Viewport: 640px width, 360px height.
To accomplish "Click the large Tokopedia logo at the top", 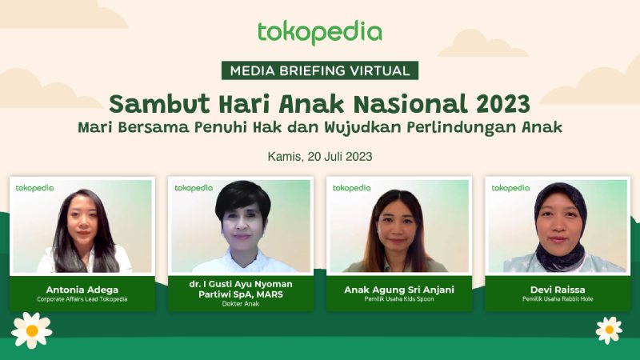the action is click(319, 32).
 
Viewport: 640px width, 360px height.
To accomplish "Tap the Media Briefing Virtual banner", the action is click(320, 70).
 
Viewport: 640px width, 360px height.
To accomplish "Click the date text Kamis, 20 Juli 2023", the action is click(320, 157).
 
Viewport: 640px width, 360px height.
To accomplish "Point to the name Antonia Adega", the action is click(82, 290).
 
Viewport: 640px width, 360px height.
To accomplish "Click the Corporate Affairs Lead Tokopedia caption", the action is click(82, 299).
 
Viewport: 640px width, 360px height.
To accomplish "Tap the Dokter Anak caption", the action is click(241, 304).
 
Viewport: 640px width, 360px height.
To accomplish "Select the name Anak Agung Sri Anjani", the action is click(399, 290).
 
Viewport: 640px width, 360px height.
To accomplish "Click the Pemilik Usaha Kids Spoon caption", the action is click(399, 299).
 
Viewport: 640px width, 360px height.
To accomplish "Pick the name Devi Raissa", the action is click(558, 290).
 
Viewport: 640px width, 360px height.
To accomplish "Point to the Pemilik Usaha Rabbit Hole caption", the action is click(558, 299).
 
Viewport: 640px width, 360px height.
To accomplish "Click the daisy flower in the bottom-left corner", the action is click(32, 330).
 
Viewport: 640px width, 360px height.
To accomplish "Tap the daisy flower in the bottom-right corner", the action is click(609, 330).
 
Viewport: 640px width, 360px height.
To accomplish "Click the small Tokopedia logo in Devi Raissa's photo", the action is click(510, 188).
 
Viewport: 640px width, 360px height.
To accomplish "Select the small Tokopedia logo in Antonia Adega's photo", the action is click(34, 188).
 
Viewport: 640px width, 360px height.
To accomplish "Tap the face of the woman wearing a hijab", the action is click(558, 226).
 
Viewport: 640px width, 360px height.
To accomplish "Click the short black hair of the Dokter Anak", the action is click(243, 200).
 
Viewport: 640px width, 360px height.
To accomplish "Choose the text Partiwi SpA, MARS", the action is click(241, 294).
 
